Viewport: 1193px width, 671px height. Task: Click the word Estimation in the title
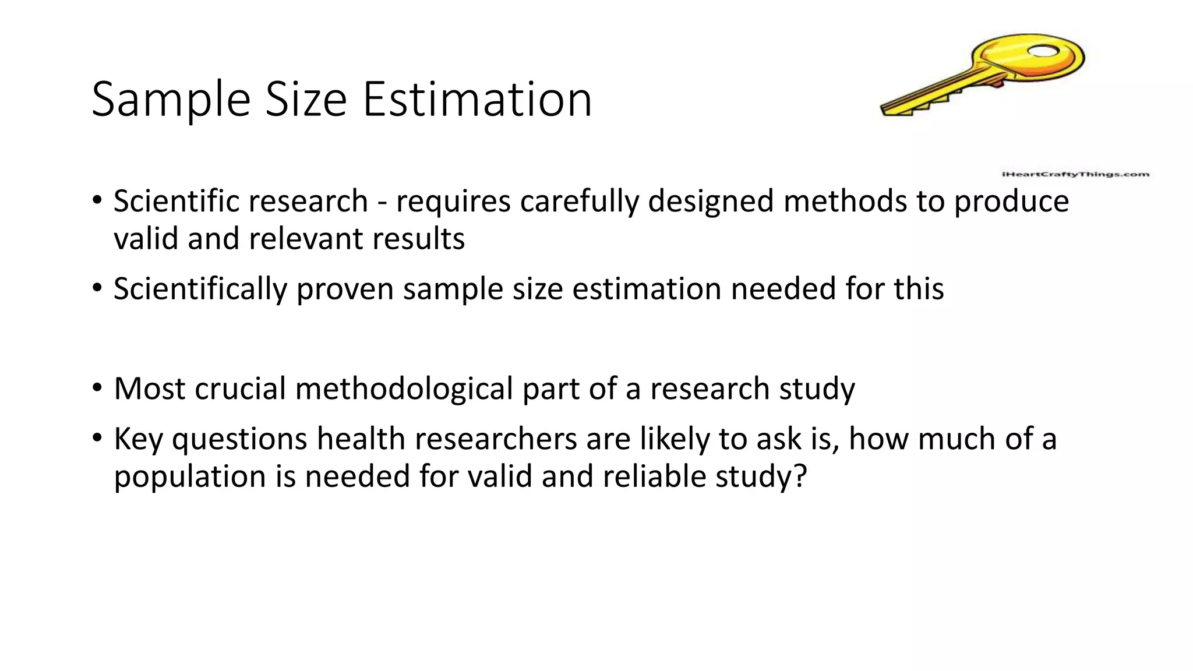point(477,100)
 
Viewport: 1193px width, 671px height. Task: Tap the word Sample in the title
point(171,100)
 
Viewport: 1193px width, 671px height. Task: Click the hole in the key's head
point(1044,52)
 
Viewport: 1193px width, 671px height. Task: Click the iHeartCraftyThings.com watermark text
point(1075,174)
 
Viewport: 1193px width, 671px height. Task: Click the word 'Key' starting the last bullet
point(138,439)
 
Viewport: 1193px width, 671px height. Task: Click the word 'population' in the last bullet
point(190,477)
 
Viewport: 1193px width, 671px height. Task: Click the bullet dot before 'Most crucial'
point(97,388)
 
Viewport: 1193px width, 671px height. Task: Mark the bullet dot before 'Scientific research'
point(97,201)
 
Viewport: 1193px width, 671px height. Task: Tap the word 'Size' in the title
point(306,100)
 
